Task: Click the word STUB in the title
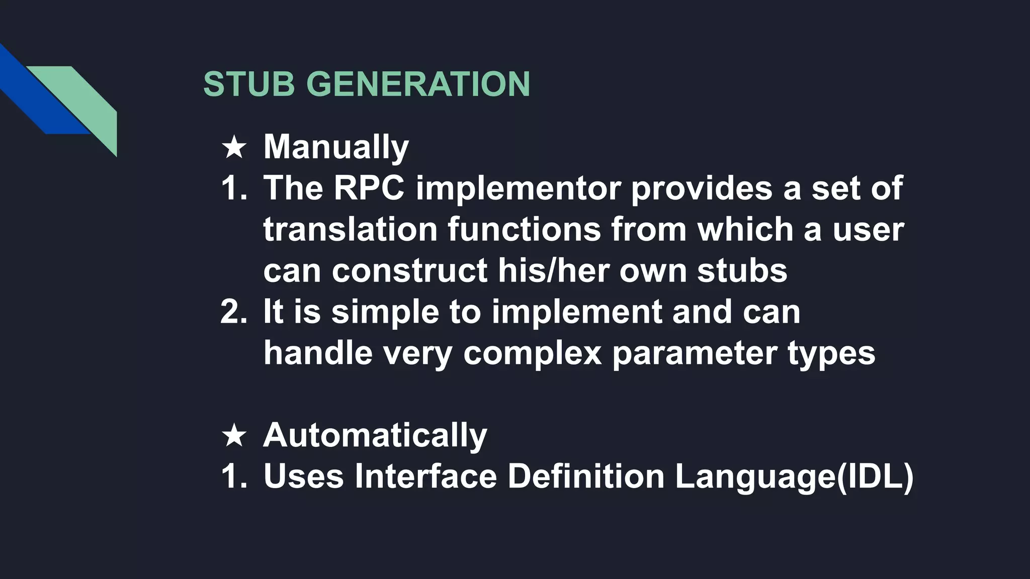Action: [x=249, y=83]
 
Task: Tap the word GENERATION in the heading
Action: [x=418, y=83]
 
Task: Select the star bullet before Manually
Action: [x=234, y=147]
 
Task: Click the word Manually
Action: [x=336, y=147]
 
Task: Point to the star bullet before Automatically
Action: [x=234, y=435]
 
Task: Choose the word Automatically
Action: [x=375, y=435]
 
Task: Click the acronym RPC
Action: [x=369, y=188]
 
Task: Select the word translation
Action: [x=350, y=230]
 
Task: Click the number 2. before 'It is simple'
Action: [x=234, y=312]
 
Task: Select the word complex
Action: [x=532, y=353]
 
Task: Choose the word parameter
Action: [x=695, y=353]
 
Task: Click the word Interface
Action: [x=425, y=476]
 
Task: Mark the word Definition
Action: [x=586, y=476]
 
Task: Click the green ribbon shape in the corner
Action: [x=91, y=101]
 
